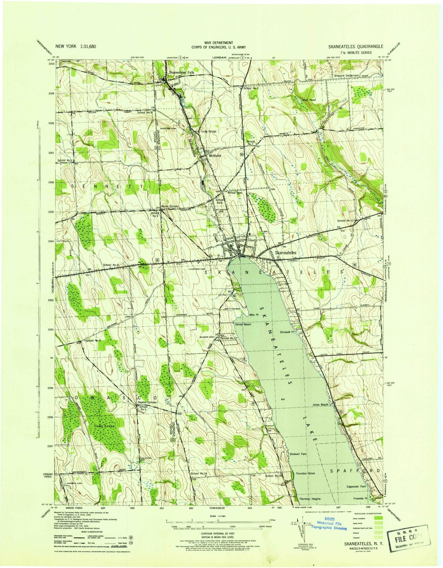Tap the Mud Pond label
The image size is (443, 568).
[309, 100]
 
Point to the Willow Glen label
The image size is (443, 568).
[234, 193]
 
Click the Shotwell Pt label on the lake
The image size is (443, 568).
[287, 332]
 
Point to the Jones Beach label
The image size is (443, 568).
[320, 405]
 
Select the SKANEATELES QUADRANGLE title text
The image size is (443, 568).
[356, 47]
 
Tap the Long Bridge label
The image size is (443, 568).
[209, 131]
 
